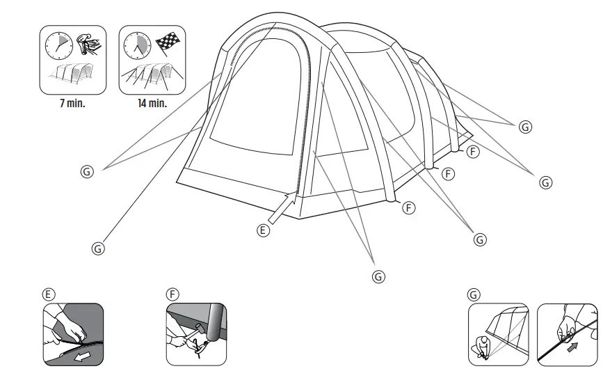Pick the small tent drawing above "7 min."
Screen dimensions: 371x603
[x=72, y=77]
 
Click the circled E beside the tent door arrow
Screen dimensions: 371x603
[x=263, y=231]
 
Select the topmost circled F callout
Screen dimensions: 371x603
[x=472, y=152]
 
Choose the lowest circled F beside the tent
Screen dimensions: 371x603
[x=410, y=207]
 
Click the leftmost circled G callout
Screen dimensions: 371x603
[x=87, y=171]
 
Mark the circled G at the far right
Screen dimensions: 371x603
[x=546, y=182]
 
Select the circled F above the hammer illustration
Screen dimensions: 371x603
[x=172, y=294]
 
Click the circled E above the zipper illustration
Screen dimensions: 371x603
[x=48, y=294]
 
